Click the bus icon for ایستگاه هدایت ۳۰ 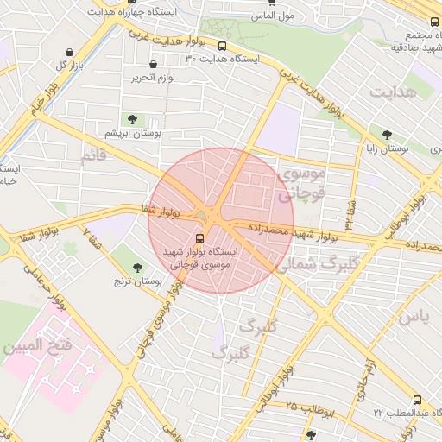(223, 47)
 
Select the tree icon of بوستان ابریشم (132, 120)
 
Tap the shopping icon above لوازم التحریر (154, 64)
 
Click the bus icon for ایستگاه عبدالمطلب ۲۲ (418, 400)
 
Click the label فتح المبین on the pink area (35, 350)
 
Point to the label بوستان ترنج (138, 282)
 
